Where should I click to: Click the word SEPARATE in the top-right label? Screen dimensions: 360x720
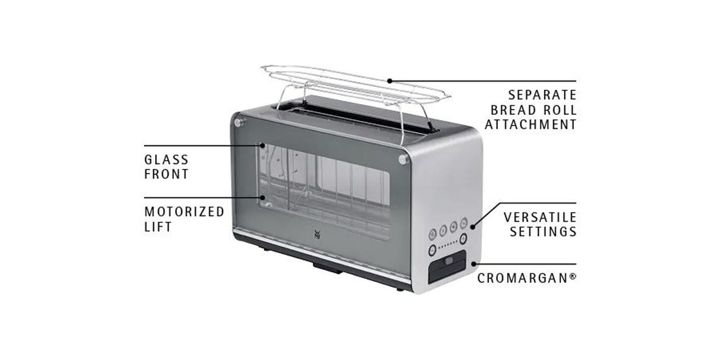[x=542, y=94]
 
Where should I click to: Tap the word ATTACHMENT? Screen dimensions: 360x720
[x=530, y=124]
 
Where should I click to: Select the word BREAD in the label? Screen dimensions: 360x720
[x=513, y=110]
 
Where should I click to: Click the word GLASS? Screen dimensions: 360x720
[x=166, y=160]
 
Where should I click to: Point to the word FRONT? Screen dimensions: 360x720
[x=166, y=174]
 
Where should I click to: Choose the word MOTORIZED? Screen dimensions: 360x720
[x=184, y=211]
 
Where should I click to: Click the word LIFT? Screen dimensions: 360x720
[x=157, y=227]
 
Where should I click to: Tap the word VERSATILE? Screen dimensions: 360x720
[x=540, y=217]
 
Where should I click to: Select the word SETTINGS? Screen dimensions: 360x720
[x=543, y=231]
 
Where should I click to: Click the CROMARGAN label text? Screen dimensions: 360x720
[x=526, y=278]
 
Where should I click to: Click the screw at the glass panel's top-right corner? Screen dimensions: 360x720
[x=403, y=160]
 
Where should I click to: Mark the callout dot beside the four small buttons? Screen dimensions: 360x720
[x=472, y=227]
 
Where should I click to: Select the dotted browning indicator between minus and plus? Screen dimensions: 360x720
[x=447, y=246]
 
